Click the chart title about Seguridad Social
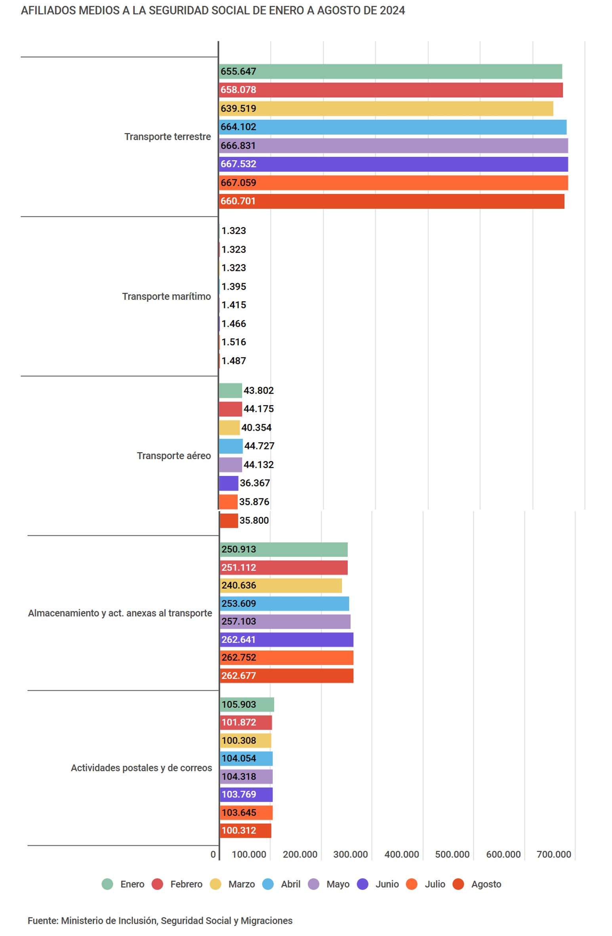pyautogui.click(x=213, y=10)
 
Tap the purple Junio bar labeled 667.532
pyautogui.click(x=393, y=164)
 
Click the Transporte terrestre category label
pyautogui.click(x=167, y=137)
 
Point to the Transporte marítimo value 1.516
pyautogui.click(x=233, y=342)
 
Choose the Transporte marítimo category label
pyautogui.click(x=166, y=296)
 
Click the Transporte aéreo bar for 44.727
pyautogui.click(x=231, y=446)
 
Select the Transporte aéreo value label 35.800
pyautogui.click(x=254, y=520)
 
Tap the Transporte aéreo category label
pyautogui.click(x=173, y=456)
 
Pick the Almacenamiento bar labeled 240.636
pyautogui.click(x=280, y=585)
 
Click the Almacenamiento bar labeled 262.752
pyautogui.click(x=286, y=657)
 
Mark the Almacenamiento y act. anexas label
pyautogui.click(x=120, y=613)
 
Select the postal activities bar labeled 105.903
pyautogui.click(x=247, y=704)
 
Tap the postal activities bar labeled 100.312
pyautogui.click(x=245, y=830)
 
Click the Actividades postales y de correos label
pyautogui.click(x=141, y=768)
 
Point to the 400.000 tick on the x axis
pyautogui.click(x=401, y=854)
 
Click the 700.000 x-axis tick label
pyautogui.click(x=553, y=854)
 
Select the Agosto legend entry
pyautogui.click(x=477, y=884)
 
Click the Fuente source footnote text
pyautogui.click(x=160, y=921)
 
